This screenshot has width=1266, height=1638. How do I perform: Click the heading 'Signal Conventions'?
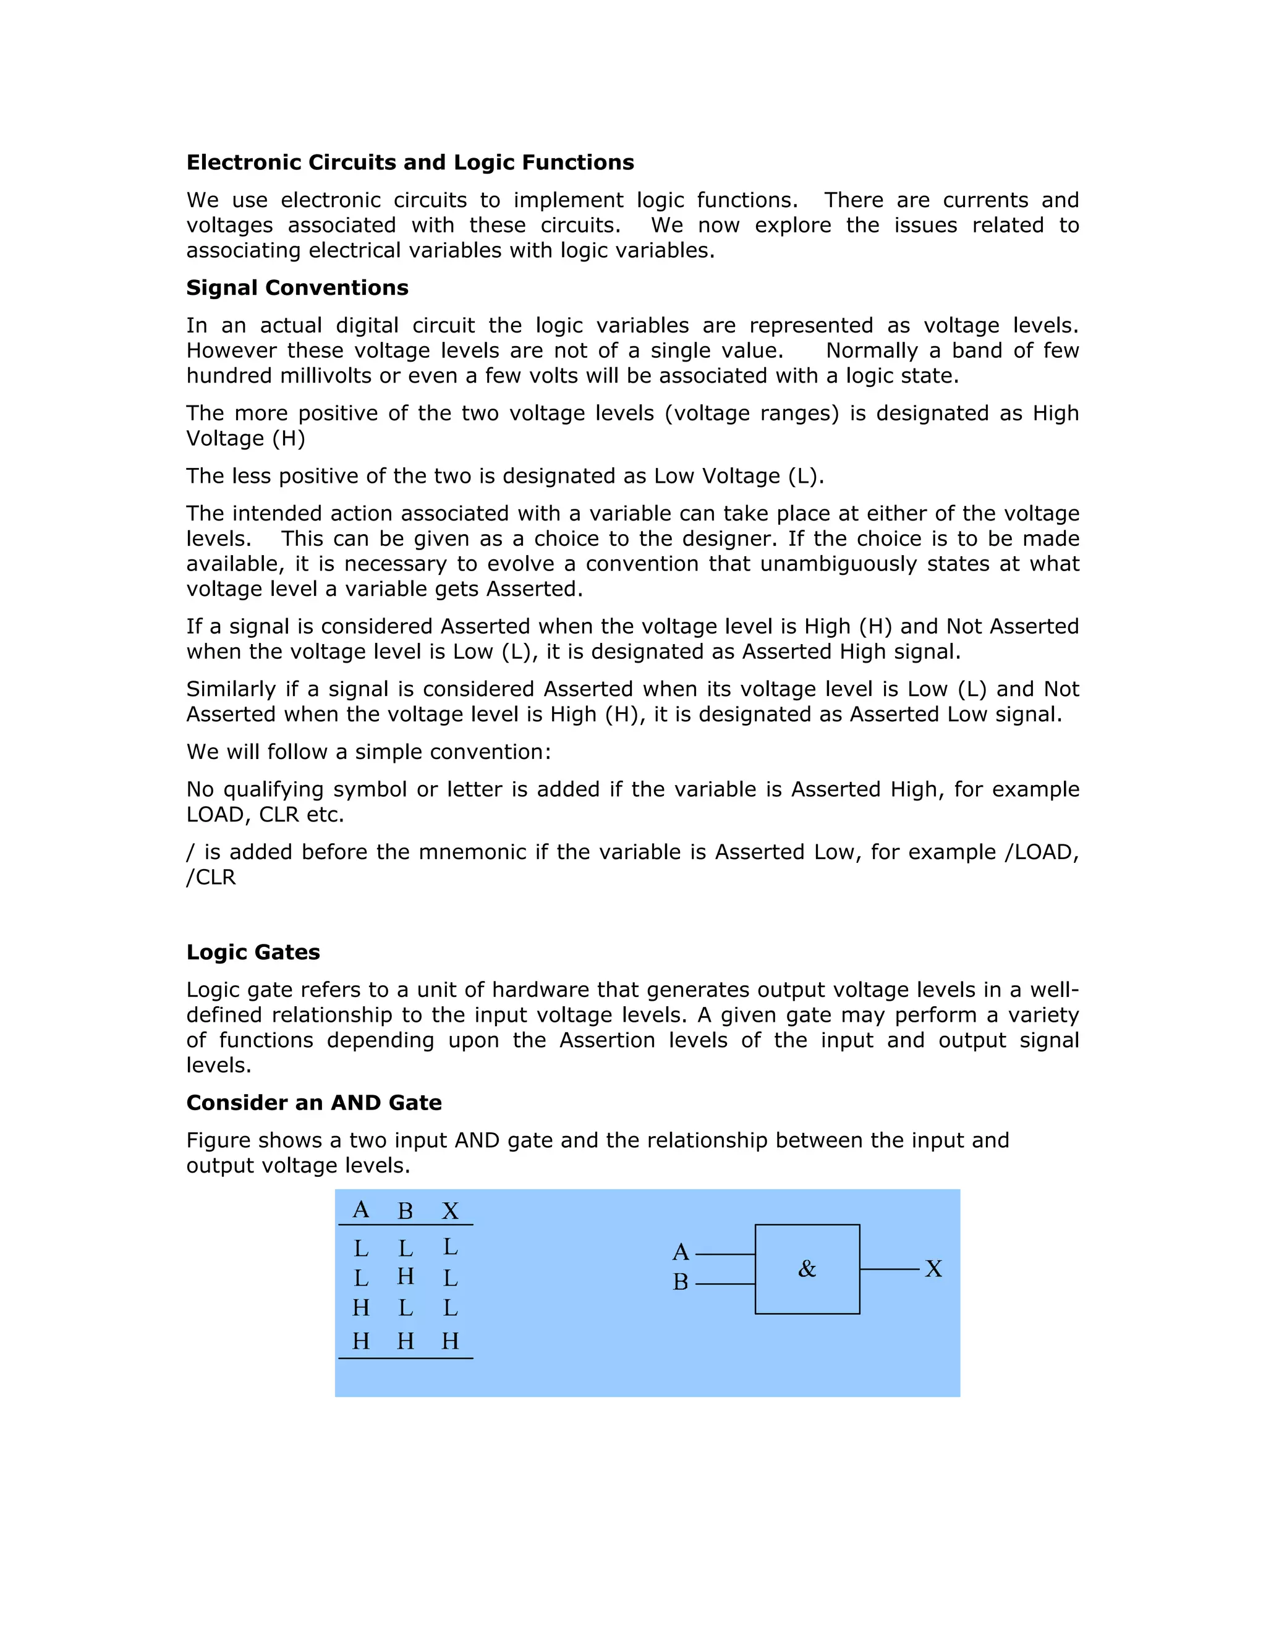(x=297, y=288)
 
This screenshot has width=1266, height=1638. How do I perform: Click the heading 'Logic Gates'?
(x=253, y=953)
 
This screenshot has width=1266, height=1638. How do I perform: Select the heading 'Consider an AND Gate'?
(x=313, y=1103)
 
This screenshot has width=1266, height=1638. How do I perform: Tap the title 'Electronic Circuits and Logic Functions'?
(x=409, y=163)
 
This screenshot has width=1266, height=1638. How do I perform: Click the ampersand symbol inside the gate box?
(x=807, y=1269)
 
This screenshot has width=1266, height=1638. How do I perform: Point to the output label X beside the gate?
(x=933, y=1269)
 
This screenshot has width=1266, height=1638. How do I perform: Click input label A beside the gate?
(x=680, y=1252)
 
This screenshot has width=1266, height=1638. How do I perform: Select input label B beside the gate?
(x=680, y=1283)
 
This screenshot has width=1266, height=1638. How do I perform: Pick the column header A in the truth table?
(x=361, y=1210)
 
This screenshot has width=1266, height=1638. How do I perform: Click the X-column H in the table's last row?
(x=450, y=1341)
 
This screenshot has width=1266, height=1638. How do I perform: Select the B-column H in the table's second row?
(x=405, y=1276)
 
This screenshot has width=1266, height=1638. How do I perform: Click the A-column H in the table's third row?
(x=361, y=1308)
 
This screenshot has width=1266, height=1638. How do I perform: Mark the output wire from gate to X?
(x=889, y=1269)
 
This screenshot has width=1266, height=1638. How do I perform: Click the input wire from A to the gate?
(x=725, y=1254)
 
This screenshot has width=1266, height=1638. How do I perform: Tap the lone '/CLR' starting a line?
(x=211, y=878)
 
